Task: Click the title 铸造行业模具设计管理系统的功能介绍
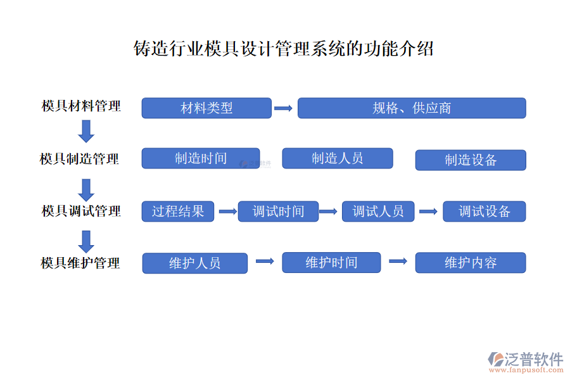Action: (284, 49)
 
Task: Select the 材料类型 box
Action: (206, 108)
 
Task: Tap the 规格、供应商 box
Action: (412, 108)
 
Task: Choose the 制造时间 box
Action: (201, 158)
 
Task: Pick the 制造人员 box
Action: (338, 158)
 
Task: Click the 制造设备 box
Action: (471, 160)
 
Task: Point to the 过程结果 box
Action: (178, 212)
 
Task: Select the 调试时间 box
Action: (278, 212)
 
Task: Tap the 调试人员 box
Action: (378, 212)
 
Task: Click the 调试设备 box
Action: (484, 212)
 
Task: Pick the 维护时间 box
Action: (331, 263)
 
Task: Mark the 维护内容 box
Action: (471, 263)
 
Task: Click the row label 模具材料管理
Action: (81, 106)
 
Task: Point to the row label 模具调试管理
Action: (81, 211)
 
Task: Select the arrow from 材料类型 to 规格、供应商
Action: (283, 108)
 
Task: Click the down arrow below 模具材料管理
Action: (86, 131)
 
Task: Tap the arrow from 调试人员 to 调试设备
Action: (428, 212)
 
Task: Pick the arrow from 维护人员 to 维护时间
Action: (264, 261)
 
